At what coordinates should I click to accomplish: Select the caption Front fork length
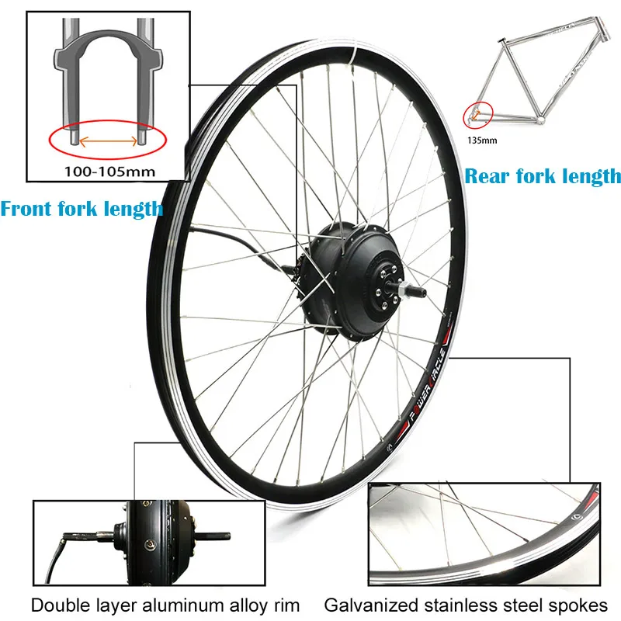[82, 208]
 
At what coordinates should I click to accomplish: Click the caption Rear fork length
[543, 176]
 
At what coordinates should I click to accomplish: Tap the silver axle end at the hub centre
[409, 292]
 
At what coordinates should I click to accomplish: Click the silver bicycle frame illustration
[536, 78]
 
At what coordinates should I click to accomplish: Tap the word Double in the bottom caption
[55, 603]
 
